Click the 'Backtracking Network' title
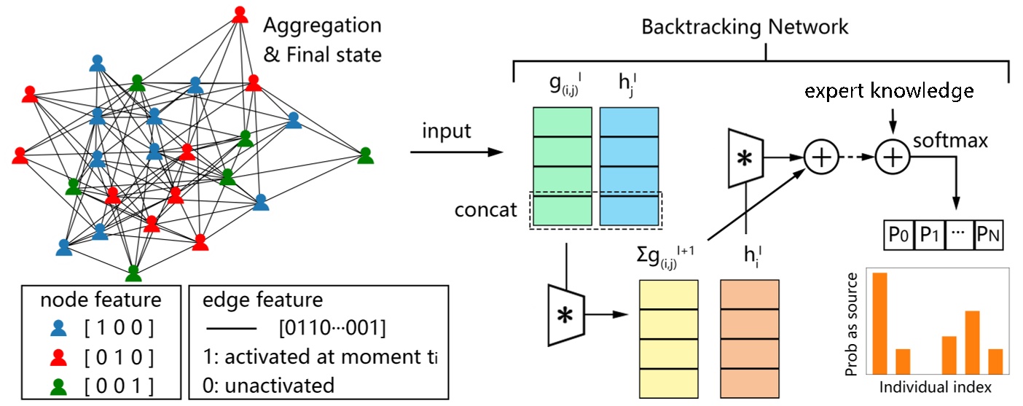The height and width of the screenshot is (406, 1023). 745,28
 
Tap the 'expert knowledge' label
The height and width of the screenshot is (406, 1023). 889,91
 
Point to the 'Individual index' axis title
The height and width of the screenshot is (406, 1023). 936,386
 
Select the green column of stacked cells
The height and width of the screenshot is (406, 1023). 561,166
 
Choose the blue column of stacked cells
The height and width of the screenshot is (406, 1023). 630,166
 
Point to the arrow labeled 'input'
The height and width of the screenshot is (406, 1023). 456,152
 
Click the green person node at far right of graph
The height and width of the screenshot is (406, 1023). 366,155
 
